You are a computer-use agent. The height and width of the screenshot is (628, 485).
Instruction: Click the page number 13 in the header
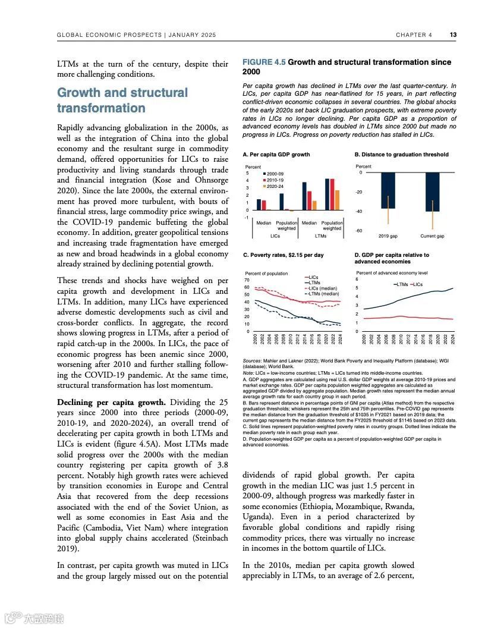pyautogui.click(x=453, y=34)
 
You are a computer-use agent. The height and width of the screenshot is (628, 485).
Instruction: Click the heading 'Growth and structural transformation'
pyautogui.click(x=122, y=101)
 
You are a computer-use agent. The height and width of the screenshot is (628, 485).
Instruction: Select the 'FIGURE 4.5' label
pyautogui.click(x=264, y=62)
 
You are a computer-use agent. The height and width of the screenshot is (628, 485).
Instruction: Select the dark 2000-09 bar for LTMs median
pyautogui.click(x=305, y=196)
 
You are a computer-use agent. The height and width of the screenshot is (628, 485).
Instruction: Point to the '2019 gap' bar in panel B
pyautogui.click(x=388, y=190)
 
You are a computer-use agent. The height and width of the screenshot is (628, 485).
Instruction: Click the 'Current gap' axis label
pyautogui.click(x=432, y=236)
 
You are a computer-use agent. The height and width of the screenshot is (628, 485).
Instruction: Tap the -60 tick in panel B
pyautogui.click(x=359, y=231)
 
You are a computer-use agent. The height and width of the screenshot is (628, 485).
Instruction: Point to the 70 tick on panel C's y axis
pyautogui.click(x=247, y=280)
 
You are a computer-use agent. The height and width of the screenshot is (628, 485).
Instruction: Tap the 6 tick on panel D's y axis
pyautogui.click(x=357, y=279)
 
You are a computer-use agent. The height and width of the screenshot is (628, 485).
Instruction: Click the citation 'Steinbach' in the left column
pyautogui.click(x=212, y=539)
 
